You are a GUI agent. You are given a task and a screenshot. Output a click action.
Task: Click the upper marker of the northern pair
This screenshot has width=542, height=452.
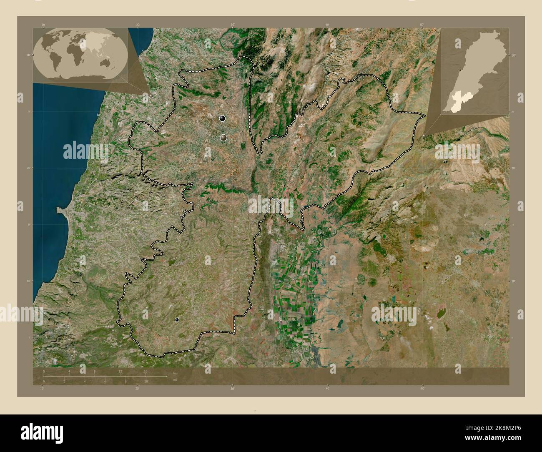point(222,119)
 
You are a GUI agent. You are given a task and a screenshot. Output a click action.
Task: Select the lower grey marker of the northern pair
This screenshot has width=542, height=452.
point(224,137)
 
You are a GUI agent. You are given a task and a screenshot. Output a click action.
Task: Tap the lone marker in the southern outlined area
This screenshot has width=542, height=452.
point(177,320)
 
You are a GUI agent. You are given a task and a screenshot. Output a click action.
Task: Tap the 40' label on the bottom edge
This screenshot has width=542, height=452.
point(327,389)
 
